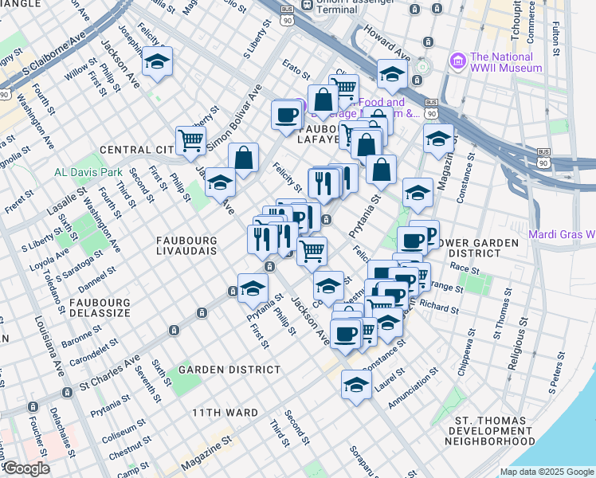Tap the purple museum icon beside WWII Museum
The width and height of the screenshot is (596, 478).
458,61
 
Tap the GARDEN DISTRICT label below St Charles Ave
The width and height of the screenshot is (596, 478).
229,370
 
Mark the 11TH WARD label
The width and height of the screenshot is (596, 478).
224,413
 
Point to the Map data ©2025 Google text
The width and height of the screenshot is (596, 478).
546,472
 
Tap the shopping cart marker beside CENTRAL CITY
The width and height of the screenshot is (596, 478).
190,140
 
